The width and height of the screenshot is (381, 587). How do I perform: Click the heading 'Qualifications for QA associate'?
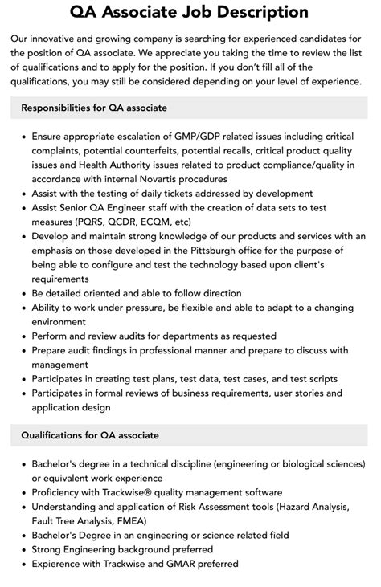tap(90, 435)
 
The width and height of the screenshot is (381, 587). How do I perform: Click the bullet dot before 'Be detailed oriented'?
tap(23, 294)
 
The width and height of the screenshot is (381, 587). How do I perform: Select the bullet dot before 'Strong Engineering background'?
tap(23, 550)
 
